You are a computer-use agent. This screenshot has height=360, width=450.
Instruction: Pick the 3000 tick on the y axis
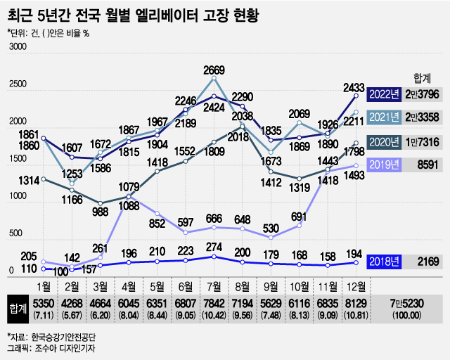16,47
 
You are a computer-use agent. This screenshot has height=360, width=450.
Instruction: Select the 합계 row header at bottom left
16,306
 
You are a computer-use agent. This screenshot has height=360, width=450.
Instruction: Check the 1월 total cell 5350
43,301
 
